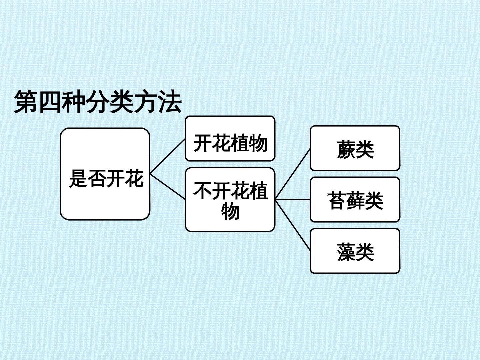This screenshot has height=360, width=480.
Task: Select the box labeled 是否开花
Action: [x=105, y=174]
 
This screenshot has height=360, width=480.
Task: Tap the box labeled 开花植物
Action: [x=230, y=139]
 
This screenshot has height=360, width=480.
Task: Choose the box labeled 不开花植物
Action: [x=230, y=199]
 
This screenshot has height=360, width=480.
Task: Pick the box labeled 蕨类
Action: [x=355, y=148]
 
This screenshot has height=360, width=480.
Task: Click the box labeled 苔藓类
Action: [x=355, y=200]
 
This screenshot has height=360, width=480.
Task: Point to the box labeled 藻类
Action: [x=355, y=251]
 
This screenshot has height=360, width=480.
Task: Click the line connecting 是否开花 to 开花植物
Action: [x=168, y=157]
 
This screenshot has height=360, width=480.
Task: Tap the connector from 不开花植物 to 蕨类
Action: [x=293, y=174]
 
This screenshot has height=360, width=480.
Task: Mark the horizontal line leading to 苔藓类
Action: [x=293, y=200]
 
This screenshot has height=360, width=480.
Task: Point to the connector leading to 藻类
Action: [x=293, y=225]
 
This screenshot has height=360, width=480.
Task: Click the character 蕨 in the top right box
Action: [x=346, y=150]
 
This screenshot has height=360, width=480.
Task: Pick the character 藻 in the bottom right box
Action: [x=346, y=252]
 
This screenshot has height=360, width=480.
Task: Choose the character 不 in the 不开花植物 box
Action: [x=202, y=191]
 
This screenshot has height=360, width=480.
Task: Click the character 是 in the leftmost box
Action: [x=78, y=179]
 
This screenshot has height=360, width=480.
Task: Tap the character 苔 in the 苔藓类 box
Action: [x=337, y=201]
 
